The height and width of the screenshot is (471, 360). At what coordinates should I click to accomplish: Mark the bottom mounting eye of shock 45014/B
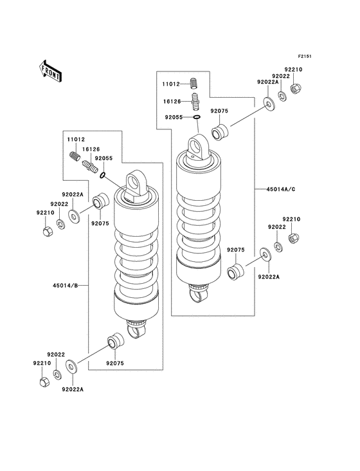coord(137,331)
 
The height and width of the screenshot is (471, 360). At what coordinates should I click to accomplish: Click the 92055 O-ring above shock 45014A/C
coord(197,117)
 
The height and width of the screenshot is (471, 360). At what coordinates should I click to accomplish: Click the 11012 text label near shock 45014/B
coord(74,138)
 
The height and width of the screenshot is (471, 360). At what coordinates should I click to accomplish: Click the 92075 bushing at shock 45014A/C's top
coord(220,134)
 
